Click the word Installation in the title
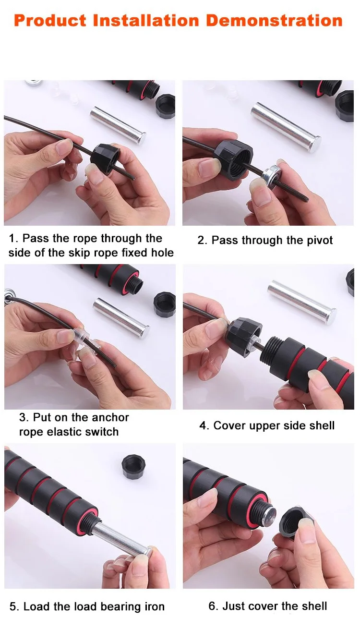pyautogui.click(x=146, y=21)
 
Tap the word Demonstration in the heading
pyautogui.click(x=274, y=21)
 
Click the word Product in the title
pyautogui.click(x=50, y=21)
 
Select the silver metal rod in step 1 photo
pyautogui.click(x=118, y=125)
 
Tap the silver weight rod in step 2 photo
pyautogui.click(x=286, y=127)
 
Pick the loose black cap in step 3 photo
pyautogui.click(x=165, y=304)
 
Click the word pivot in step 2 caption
pyautogui.click(x=319, y=241)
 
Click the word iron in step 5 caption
pyautogui.click(x=155, y=606)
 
